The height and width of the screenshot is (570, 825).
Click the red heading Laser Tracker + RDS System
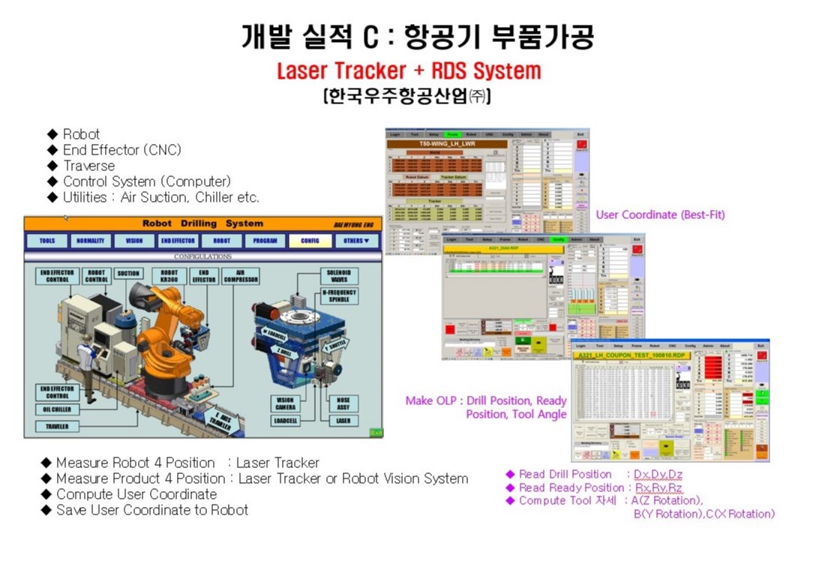tap(409, 71)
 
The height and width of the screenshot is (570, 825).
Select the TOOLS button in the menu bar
tap(47, 241)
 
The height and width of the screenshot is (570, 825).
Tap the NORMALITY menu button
tap(91, 241)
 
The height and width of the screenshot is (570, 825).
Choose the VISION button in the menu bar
tap(134, 241)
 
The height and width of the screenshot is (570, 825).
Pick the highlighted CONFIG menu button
tap(309, 241)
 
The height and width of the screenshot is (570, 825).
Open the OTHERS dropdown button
tap(356, 241)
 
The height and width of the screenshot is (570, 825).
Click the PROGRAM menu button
tap(265, 241)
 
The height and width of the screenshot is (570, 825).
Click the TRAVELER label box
tap(58, 426)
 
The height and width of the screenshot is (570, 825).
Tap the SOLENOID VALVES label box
tap(338, 275)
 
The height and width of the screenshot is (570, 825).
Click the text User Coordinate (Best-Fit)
tap(660, 214)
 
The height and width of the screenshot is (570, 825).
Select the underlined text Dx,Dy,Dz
tap(658, 474)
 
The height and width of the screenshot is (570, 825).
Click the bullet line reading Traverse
tap(88, 166)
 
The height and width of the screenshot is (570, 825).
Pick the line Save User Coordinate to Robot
tap(151, 510)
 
